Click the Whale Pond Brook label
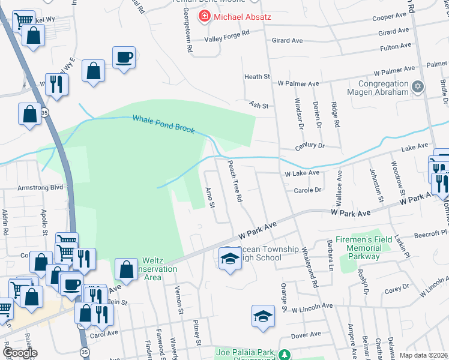(163, 124)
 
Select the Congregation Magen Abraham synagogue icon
(418, 88)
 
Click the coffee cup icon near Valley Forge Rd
(124, 58)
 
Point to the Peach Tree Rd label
(234, 180)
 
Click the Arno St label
(210, 198)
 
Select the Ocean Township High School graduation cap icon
(229, 258)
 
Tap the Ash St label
(258, 106)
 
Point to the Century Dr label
(309, 146)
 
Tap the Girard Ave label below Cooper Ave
(394, 32)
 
